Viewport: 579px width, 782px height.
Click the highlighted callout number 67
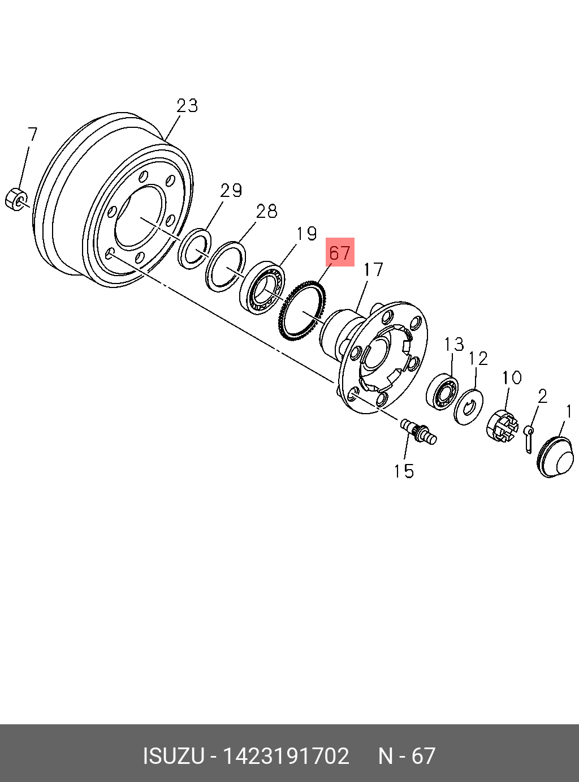(340, 252)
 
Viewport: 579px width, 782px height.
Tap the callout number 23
(187, 106)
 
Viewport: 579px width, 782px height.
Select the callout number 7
(32, 135)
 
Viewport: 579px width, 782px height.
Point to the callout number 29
(231, 190)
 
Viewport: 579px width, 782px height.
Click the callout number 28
(266, 211)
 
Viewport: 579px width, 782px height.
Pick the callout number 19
(306, 234)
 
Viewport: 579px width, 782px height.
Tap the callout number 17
(373, 269)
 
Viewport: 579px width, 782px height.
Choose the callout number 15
(404, 471)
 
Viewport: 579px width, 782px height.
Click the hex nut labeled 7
(16, 199)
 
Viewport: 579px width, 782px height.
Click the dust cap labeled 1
(557, 457)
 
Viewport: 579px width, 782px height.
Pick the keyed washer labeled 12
(469, 406)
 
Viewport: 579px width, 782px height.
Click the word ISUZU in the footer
(173, 756)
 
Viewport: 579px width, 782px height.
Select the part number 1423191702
(286, 756)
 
